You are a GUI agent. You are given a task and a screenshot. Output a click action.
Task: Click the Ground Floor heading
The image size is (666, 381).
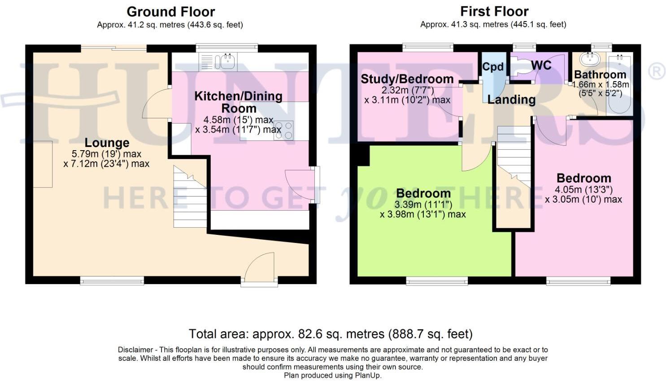170,12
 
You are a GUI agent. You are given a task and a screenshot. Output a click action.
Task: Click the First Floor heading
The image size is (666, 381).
494,12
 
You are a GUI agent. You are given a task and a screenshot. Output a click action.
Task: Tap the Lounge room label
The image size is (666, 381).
107,143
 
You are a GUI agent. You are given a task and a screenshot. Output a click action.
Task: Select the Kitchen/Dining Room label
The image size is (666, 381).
238,102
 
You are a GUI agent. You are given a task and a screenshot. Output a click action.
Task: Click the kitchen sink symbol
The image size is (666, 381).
227,61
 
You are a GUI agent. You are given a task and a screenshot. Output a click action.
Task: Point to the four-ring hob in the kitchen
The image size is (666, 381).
283,130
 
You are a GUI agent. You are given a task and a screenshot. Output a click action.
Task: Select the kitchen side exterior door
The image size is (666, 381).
301,185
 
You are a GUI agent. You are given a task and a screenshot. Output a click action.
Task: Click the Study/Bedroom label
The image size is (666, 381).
407,79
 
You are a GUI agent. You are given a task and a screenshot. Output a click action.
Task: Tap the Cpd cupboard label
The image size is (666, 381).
493,67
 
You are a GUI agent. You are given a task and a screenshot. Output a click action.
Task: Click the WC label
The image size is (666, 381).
541,65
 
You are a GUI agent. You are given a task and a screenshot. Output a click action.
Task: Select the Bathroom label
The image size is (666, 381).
600,74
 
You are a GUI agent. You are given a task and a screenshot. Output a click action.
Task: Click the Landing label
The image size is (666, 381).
511,100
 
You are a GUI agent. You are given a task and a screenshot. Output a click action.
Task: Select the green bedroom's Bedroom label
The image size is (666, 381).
423,194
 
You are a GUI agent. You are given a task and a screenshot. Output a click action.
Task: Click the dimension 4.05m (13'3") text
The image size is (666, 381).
583,190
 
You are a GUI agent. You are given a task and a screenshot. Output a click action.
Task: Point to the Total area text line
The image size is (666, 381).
331,334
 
